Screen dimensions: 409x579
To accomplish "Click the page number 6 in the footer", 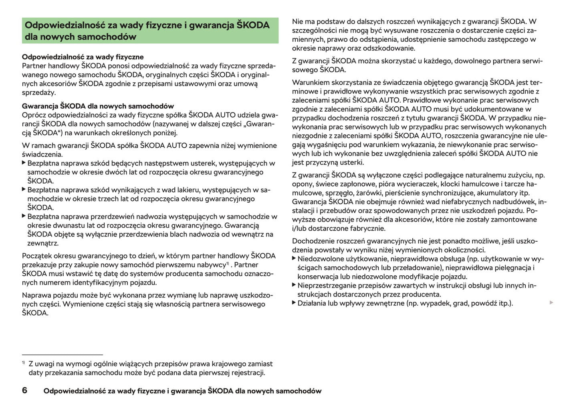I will pos(24,390).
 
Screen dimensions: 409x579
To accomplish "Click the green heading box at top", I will pos(150,31).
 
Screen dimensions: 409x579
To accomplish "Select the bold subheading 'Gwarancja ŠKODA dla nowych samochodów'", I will pos(98,106).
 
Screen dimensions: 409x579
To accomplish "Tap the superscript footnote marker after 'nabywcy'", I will pos(227,263).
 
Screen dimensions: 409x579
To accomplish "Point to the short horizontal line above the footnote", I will pos(63,355).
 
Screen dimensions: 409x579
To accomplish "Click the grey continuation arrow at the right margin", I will pos(551,302).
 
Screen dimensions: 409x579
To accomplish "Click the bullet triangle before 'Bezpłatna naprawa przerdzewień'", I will pos(24,216).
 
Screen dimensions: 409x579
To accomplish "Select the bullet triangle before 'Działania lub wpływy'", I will pos(294,303).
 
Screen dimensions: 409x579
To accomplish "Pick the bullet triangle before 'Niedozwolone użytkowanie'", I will pos(294,259).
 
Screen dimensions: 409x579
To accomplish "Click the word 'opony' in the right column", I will pos(302,184).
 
